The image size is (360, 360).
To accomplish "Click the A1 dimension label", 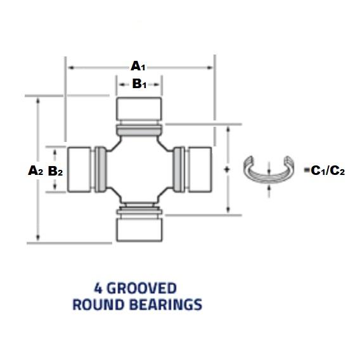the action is pyautogui.click(x=138, y=66).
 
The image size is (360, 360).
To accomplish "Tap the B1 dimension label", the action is pyautogui.click(x=139, y=84).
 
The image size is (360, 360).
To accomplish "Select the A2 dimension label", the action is pyautogui.click(x=35, y=170).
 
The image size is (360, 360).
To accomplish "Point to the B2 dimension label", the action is pyautogui.click(x=55, y=171).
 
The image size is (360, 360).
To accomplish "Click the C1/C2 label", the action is pyautogui.click(x=328, y=170).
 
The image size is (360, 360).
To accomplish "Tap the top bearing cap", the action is pyautogui.click(x=139, y=109).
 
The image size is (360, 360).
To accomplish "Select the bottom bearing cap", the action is pyautogui.click(x=139, y=230).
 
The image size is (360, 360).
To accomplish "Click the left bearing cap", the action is pyautogui.click(x=79, y=169).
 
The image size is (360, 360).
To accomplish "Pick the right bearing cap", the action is pyautogui.click(x=200, y=169).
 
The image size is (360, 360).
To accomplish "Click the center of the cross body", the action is pyautogui.click(x=139, y=169).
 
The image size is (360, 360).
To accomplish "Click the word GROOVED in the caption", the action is pyautogui.click(x=142, y=288).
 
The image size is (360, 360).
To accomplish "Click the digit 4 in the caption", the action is pyautogui.click(x=98, y=288).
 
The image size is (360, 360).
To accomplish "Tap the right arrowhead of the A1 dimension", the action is pyautogui.click(x=210, y=67).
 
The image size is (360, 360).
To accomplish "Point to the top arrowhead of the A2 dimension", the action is pyautogui.click(x=38, y=101).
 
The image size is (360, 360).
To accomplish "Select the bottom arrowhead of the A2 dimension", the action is pyautogui.click(x=38, y=238).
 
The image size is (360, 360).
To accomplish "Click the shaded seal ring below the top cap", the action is pyautogui.click(x=139, y=130).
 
